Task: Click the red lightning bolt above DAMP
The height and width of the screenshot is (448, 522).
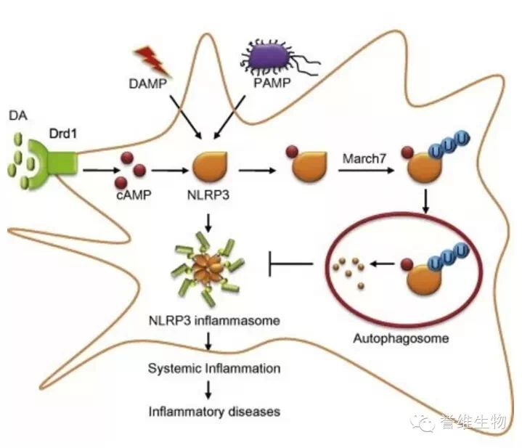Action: pos(152,61)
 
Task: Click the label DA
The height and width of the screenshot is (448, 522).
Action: pos(18,115)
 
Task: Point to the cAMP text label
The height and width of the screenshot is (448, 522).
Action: pos(134,195)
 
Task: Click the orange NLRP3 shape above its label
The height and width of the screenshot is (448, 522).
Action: pos(211,166)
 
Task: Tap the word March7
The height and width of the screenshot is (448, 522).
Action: pos(364,158)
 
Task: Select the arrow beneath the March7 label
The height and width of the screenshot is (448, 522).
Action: pos(366,171)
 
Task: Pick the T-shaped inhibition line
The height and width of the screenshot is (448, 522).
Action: pos(290,264)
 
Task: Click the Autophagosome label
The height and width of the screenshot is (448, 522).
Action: pos(401,338)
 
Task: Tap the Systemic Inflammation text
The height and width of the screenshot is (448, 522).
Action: pos(214,368)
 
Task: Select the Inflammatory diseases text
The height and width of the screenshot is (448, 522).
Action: pos(214,412)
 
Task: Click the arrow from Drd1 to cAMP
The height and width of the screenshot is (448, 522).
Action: pos(101,171)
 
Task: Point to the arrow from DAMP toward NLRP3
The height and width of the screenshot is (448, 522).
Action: pos(186,117)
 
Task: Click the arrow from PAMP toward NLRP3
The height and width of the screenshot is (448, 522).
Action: pos(229,117)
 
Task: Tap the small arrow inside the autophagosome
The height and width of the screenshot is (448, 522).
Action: pos(382,264)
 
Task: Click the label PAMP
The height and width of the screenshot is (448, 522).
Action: pos(272,83)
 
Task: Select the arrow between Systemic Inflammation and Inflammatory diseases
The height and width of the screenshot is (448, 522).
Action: pos(208,390)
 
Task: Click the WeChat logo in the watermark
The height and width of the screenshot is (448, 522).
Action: pos(422,423)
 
